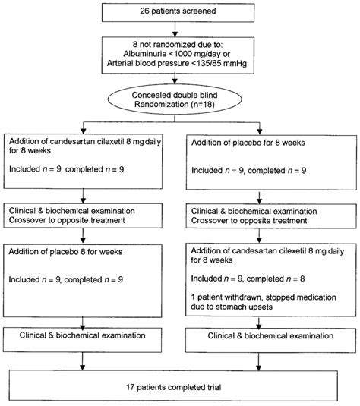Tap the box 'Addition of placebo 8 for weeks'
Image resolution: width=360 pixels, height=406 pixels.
tap(90, 276)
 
